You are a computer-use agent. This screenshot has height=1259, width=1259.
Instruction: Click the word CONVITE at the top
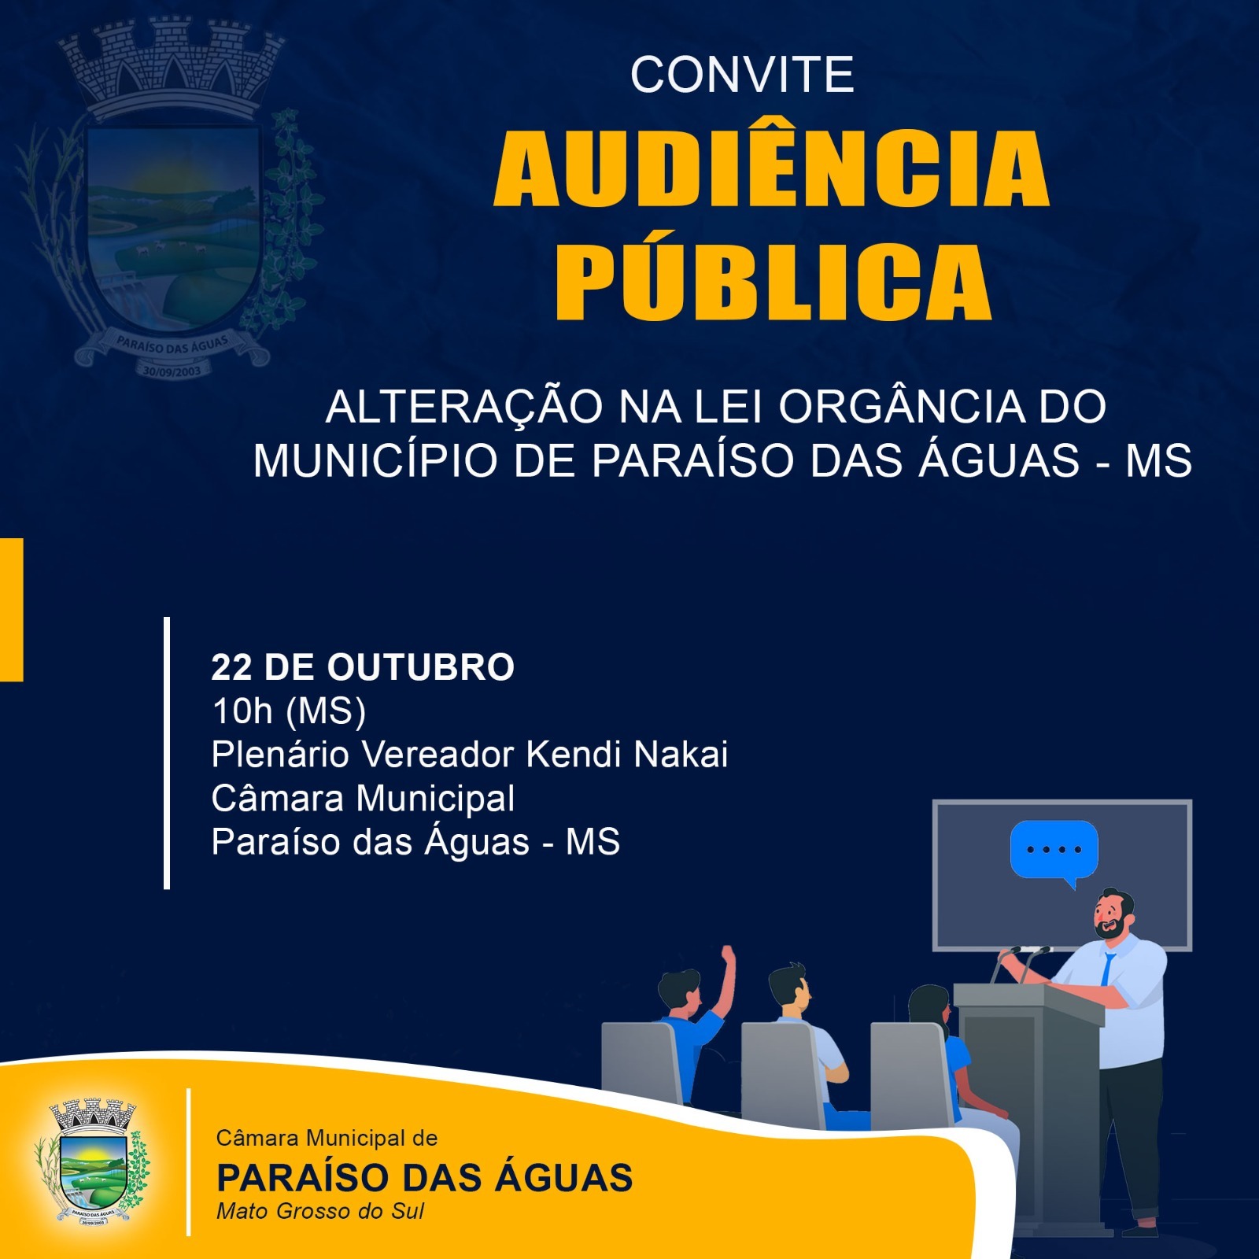tap(742, 75)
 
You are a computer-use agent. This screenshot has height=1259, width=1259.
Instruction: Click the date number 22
tap(231, 667)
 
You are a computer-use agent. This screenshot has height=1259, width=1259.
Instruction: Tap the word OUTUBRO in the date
tap(421, 667)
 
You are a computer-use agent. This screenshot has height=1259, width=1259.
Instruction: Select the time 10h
tap(242, 711)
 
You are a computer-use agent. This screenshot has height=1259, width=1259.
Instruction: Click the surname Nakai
tap(681, 754)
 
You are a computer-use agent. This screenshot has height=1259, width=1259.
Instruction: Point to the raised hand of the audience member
tap(728, 958)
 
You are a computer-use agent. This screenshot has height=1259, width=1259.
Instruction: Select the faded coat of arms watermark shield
tap(173, 220)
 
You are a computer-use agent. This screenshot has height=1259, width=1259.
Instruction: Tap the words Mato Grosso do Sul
tap(320, 1210)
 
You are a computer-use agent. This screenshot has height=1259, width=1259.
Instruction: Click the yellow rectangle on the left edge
tap(11, 610)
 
